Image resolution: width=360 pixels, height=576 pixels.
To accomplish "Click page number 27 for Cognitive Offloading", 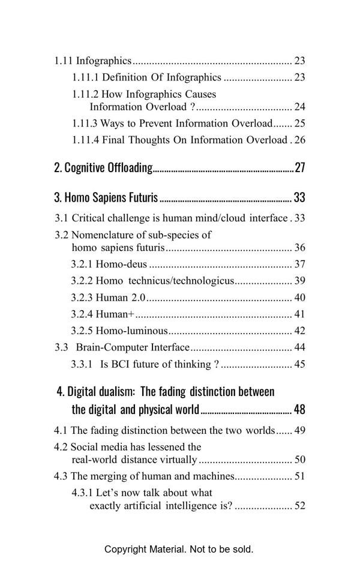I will (x=299, y=167).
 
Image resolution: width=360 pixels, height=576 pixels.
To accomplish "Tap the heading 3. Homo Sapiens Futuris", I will (x=106, y=197).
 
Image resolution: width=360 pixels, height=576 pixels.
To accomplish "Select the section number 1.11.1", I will (x=85, y=77).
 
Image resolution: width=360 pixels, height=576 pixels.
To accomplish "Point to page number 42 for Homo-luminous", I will (x=299, y=331).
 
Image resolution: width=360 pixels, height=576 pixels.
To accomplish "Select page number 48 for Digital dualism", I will (x=299, y=410).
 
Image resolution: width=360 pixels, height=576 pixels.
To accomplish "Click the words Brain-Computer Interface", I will (x=133, y=347).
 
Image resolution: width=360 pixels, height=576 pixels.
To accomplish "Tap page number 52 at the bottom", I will (x=299, y=506).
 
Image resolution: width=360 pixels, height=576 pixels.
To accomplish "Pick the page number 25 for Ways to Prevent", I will (x=299, y=124).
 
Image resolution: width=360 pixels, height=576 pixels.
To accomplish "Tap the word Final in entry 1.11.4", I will (x=115, y=140).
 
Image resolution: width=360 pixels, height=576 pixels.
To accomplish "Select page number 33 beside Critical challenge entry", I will (x=299, y=218).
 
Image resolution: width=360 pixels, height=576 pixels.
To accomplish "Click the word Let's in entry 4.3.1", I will (x=109, y=493).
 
